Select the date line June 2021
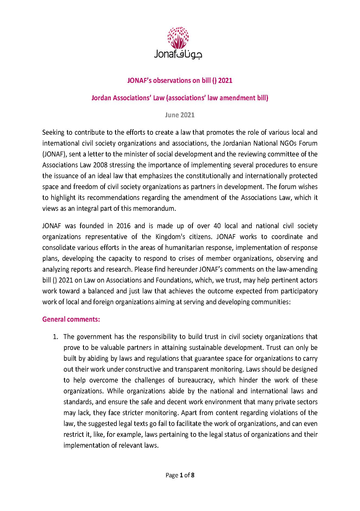(x=180, y=115)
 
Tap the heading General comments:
(x=71, y=319)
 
